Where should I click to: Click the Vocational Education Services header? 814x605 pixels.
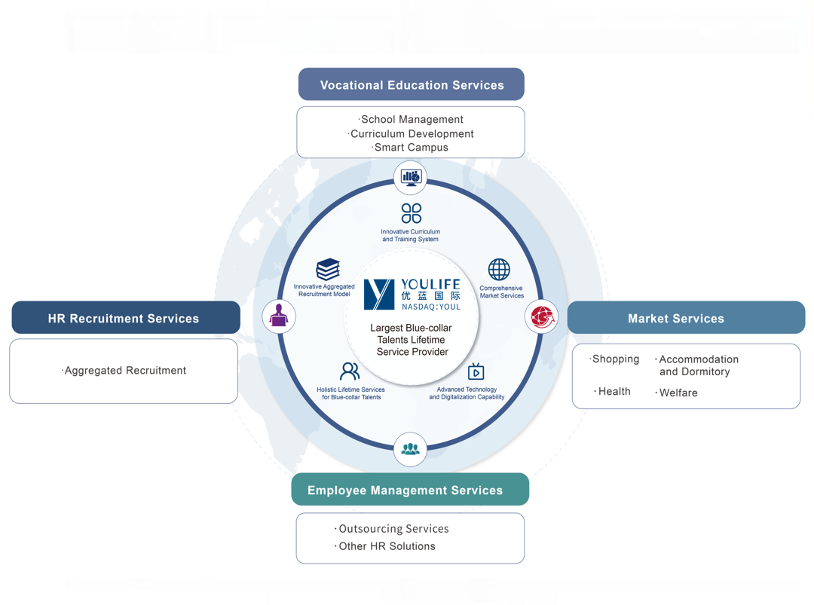(x=412, y=85)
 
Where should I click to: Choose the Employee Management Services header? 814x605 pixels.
(x=410, y=490)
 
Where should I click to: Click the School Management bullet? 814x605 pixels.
(x=412, y=119)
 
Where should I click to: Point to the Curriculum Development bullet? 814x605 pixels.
(x=412, y=133)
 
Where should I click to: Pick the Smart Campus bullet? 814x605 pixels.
(x=412, y=148)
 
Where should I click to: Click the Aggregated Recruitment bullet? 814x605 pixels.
(x=125, y=371)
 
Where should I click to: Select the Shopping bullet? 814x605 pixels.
(x=615, y=359)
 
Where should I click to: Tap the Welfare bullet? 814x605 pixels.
(x=678, y=393)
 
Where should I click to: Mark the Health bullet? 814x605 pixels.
(x=614, y=392)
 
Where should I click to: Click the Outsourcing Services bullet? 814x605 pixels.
(x=393, y=529)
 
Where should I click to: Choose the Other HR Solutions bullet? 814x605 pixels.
(x=386, y=546)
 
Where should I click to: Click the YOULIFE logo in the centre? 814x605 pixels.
(x=412, y=294)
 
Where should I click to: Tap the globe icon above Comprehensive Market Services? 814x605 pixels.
(x=499, y=269)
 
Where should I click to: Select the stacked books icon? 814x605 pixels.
(x=328, y=269)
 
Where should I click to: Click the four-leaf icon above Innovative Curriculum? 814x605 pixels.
(x=411, y=213)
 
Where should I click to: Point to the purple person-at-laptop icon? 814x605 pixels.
(x=279, y=316)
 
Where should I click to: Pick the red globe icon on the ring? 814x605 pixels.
(x=541, y=316)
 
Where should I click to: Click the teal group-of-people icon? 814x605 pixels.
(x=410, y=450)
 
